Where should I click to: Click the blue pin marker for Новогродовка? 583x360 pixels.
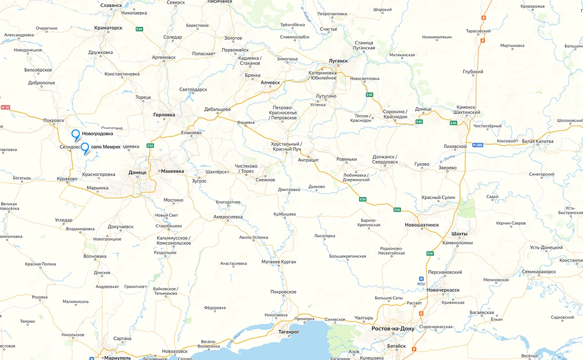(76, 134)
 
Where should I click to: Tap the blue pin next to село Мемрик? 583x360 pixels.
(85, 147)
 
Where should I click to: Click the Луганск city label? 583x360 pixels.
(338, 61)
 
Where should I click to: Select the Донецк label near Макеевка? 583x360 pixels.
(137, 172)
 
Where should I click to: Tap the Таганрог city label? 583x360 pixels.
(289, 332)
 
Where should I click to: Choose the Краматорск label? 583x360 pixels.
(108, 28)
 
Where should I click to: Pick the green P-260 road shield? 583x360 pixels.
(477, 145)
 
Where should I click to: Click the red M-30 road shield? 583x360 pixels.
(5, 107)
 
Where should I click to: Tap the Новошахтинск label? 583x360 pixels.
(421, 225)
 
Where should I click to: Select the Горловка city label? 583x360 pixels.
(164, 115)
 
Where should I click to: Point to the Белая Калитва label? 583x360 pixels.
(538, 141)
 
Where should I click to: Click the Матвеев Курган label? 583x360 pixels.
(279, 262)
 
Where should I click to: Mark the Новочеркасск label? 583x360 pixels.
(443, 290)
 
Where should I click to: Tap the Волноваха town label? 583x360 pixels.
(95, 256)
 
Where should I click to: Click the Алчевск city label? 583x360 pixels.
(270, 82)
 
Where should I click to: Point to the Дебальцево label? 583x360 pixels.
(218, 109)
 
